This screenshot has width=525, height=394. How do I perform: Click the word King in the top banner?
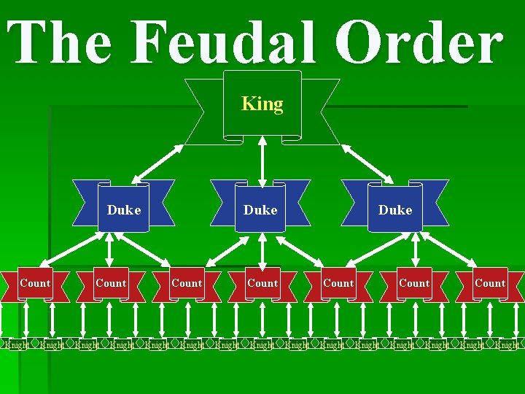[x=262, y=104]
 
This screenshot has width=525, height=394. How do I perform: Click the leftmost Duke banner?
[x=125, y=210]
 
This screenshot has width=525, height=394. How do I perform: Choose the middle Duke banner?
[x=261, y=210]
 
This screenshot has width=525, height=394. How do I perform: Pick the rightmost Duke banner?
[x=396, y=210]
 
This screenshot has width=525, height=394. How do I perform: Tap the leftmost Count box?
[x=35, y=283]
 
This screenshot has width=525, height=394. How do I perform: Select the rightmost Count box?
[x=490, y=283]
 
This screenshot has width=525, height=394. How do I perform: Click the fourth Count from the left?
[x=262, y=283]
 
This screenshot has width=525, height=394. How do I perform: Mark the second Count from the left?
[x=111, y=283]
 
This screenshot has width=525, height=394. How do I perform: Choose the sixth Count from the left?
[x=414, y=283]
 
